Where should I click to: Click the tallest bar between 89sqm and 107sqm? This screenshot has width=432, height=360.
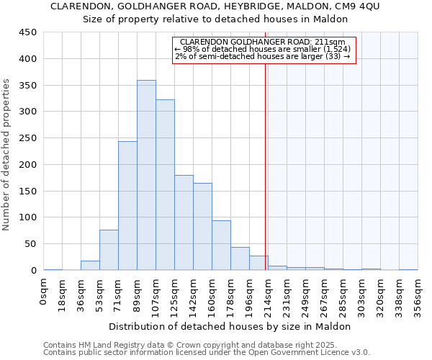146,175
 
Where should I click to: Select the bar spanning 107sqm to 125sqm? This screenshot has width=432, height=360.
165,185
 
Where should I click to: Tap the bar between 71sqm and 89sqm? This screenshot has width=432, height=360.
127,206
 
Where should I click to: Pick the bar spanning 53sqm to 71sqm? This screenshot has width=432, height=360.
109,250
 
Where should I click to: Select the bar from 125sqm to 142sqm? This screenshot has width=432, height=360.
184,222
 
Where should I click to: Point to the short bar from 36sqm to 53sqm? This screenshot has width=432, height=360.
90,266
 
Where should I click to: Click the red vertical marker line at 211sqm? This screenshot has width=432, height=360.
265,166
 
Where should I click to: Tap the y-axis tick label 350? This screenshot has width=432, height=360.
27,85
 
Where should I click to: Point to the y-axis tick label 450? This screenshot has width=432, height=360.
27,32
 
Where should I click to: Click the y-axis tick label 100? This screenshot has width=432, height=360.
27,217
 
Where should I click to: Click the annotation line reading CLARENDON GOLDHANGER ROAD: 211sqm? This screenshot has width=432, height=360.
263,42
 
